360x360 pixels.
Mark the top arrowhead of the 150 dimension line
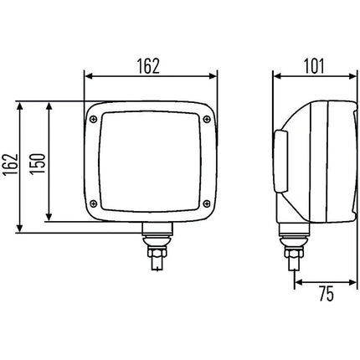[51, 107]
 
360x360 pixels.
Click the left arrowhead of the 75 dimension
[297, 282]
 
